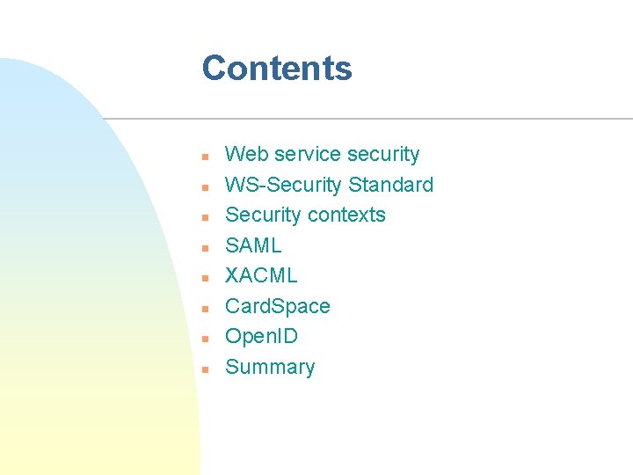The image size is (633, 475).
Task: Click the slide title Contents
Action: pyautogui.click(x=277, y=69)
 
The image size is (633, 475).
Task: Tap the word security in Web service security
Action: pyautogui.click(x=383, y=155)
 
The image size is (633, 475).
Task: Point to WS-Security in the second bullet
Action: pyautogui.click(x=284, y=186)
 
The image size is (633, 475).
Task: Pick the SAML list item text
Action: pyautogui.click(x=253, y=246)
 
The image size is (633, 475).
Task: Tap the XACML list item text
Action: pyautogui.click(x=261, y=276)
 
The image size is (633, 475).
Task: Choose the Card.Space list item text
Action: pyautogui.click(x=278, y=307)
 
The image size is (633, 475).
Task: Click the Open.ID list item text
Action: pyautogui.click(x=261, y=337)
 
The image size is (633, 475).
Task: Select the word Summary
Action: pyautogui.click(x=270, y=368)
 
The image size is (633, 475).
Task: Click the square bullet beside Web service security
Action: pyautogui.click(x=204, y=157)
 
